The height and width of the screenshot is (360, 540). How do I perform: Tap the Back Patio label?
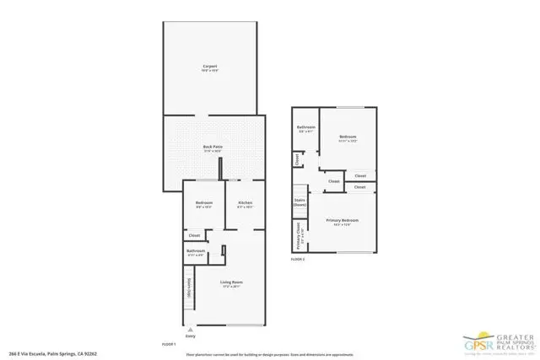pyautogui.click(x=212, y=148)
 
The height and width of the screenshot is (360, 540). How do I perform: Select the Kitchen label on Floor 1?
pyautogui.click(x=245, y=204)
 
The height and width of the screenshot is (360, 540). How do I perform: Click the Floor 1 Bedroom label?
pyautogui.click(x=204, y=204)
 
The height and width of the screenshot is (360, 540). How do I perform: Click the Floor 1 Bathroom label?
pyautogui.click(x=196, y=251)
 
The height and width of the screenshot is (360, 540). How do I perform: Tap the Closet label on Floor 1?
pyautogui.click(x=194, y=235)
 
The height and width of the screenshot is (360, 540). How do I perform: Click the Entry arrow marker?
pyautogui.click(x=190, y=330)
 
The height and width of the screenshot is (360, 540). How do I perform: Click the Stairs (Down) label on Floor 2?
pyautogui.click(x=300, y=202)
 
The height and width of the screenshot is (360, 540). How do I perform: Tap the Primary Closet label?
pyautogui.click(x=298, y=235)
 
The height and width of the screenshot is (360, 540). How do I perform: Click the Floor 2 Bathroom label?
pyautogui.click(x=306, y=129)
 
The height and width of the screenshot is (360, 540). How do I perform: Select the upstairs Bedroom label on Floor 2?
pyautogui.click(x=348, y=137)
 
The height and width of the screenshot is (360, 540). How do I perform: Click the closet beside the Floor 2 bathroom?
pyautogui.click(x=297, y=158)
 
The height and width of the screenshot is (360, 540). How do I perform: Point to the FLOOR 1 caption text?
pyautogui.click(x=169, y=343)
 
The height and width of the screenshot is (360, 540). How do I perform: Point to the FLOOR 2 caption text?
pyautogui.click(x=297, y=260)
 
